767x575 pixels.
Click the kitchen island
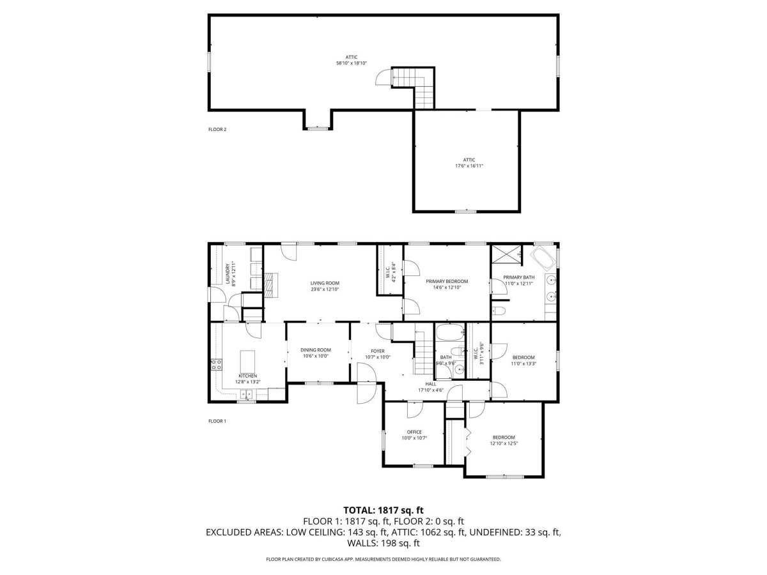247,361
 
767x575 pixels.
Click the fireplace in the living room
270,285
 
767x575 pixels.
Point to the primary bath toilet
500,311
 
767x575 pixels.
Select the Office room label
414,432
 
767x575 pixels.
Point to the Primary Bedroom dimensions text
447,287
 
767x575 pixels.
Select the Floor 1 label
217,421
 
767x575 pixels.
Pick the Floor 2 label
217,129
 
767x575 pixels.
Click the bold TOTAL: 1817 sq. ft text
383,510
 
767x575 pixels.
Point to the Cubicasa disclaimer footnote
383,559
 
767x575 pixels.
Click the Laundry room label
228,273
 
